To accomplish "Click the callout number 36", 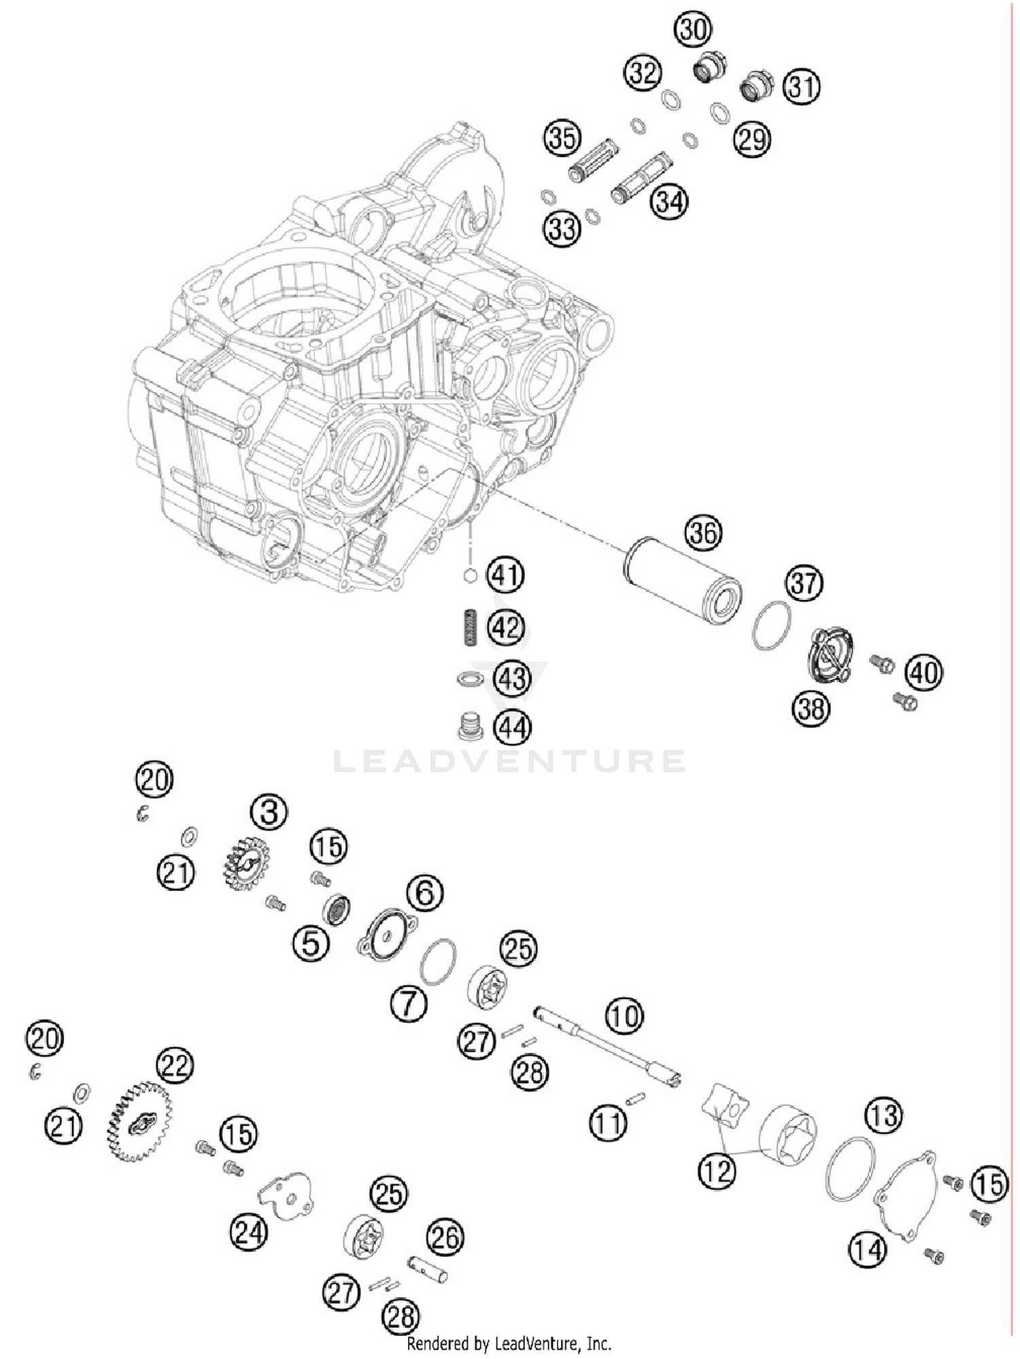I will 703,533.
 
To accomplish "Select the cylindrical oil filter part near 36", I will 682,581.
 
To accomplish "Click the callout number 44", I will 512,728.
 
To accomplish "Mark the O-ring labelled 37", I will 772,626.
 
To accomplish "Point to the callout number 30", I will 693,31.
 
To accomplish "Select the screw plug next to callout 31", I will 756,86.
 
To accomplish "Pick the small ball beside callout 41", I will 469,575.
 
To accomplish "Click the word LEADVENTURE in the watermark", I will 509,761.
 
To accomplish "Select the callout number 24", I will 248,1232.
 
